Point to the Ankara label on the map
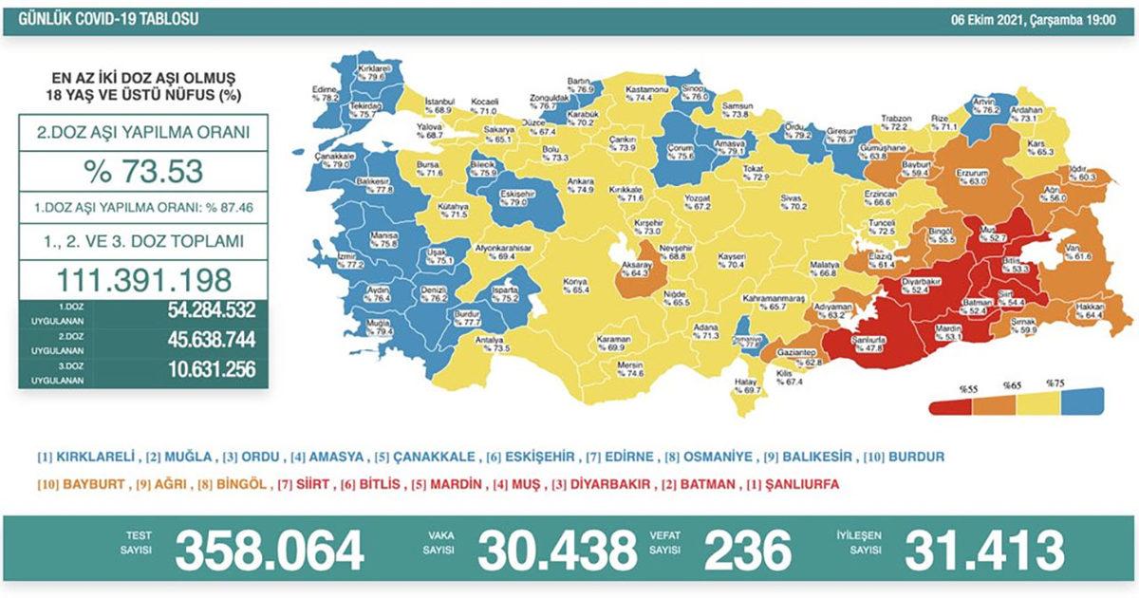tap(579, 184)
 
